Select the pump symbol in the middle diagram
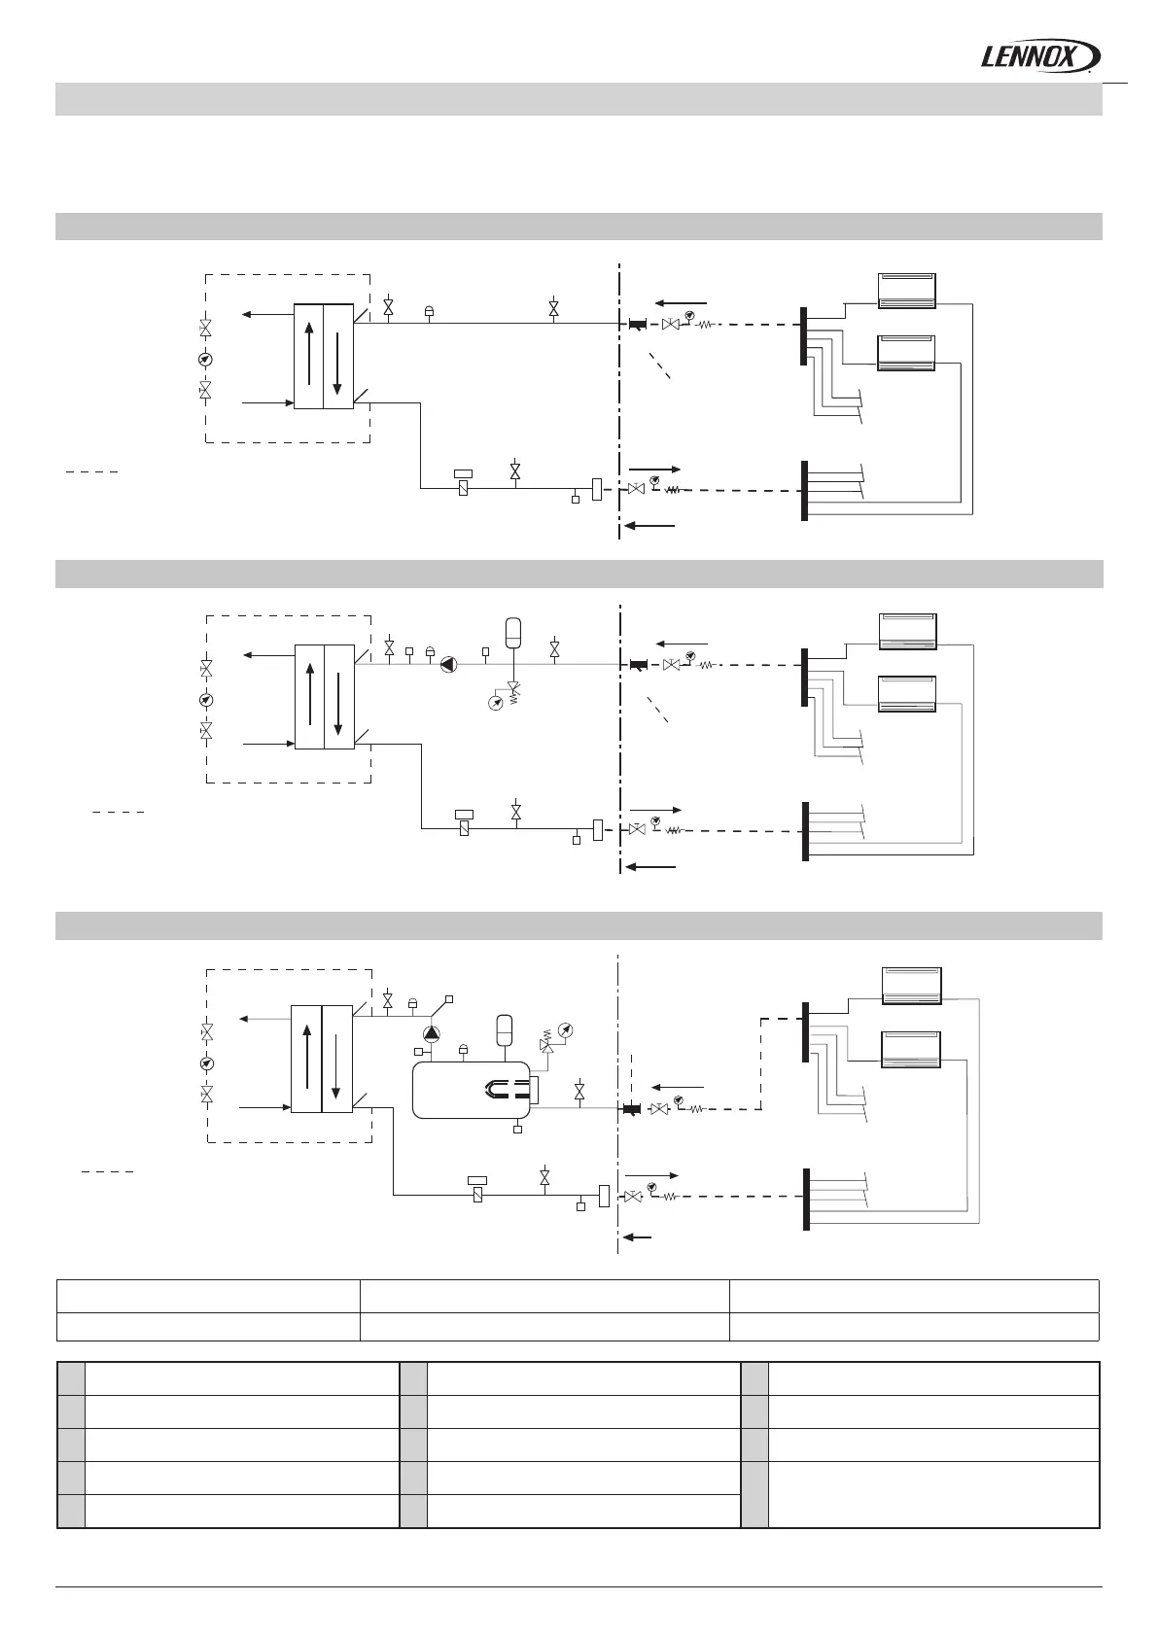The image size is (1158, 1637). pos(449,665)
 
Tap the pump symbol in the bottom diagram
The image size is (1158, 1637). pos(432,1032)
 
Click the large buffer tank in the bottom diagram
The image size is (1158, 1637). pos(472,1091)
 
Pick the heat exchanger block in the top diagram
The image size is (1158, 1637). pos(324,357)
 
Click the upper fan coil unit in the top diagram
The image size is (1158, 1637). pos(907,291)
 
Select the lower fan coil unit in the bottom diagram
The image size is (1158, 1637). pos(909,1048)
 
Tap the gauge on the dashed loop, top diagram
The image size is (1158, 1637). pos(205,360)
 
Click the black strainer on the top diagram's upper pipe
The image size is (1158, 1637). pos(638,324)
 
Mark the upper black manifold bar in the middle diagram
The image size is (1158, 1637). pos(805,677)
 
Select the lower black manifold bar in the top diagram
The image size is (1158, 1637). pos(804,491)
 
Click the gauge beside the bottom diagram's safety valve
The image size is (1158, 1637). pos(567,1029)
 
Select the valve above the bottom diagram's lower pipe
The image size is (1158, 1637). pos(545,1177)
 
